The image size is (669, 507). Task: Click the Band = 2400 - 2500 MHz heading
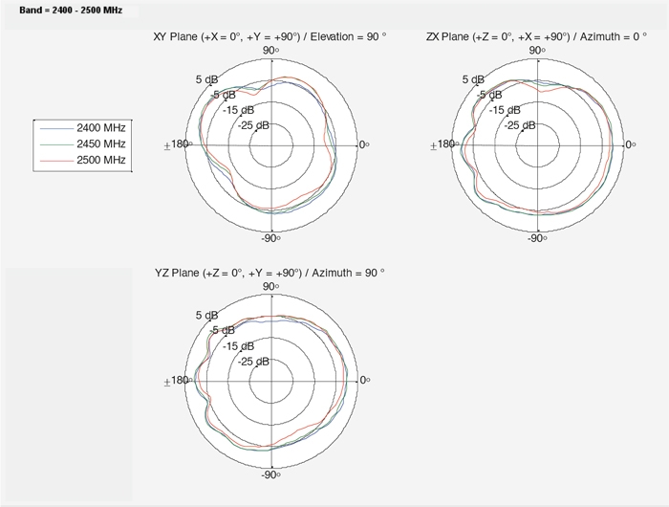[71, 11]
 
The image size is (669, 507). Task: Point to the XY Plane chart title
[270, 36]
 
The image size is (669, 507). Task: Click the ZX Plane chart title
[536, 36]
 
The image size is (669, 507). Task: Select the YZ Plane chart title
[270, 273]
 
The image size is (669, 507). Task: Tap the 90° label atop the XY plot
[270, 51]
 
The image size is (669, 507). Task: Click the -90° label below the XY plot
[270, 238]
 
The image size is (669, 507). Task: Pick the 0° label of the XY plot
[364, 144]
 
